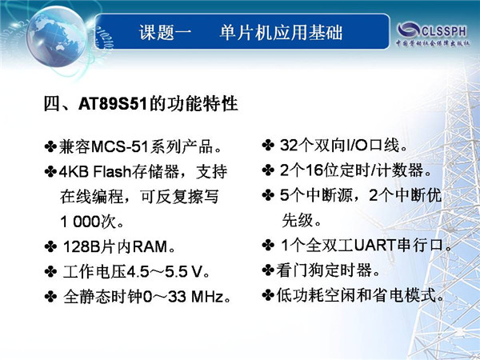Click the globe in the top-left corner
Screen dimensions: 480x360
[x=56, y=36]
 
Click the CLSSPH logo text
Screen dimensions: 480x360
[x=444, y=31]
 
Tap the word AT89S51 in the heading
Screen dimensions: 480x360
[x=113, y=104]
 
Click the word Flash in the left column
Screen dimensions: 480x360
[x=112, y=171]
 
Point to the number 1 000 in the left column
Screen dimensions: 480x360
[x=81, y=222]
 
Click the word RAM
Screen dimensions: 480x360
[x=150, y=246]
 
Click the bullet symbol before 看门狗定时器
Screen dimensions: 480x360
[x=268, y=270]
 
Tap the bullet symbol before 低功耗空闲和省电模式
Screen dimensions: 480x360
[x=268, y=295]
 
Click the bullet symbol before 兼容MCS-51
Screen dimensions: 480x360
[x=50, y=146]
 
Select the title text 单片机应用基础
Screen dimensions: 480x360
[x=281, y=32]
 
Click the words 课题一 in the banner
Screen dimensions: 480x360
[x=166, y=32]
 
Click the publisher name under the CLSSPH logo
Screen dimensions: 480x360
[x=433, y=43]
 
